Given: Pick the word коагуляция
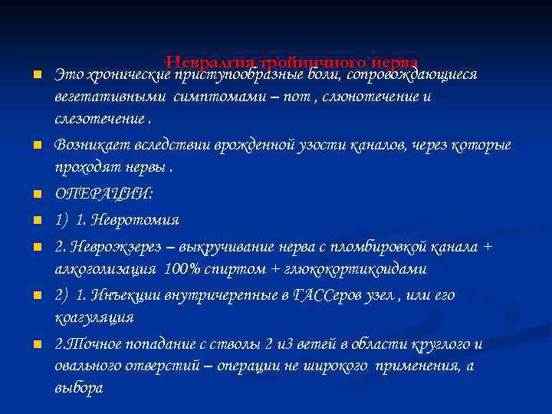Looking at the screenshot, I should [x=94, y=317].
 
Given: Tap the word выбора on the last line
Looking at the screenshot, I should [x=78, y=388].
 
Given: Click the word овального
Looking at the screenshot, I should [x=94, y=366].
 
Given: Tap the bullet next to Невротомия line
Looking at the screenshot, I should [x=36, y=222].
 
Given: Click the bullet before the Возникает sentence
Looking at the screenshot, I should [x=36, y=146].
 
